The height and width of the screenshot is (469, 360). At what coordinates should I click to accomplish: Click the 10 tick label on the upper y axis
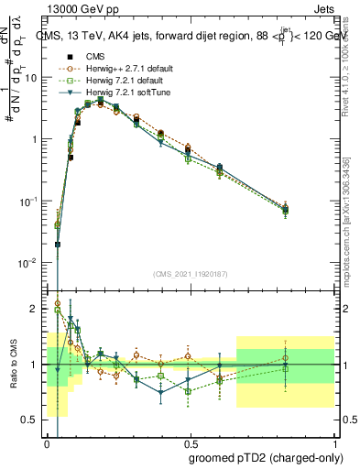(31, 77)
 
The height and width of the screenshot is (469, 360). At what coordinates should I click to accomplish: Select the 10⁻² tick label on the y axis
(29, 263)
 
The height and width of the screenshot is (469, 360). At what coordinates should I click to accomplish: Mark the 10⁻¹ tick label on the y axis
(29, 201)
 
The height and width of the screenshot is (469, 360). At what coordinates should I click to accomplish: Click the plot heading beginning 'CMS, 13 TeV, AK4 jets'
(191, 37)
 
